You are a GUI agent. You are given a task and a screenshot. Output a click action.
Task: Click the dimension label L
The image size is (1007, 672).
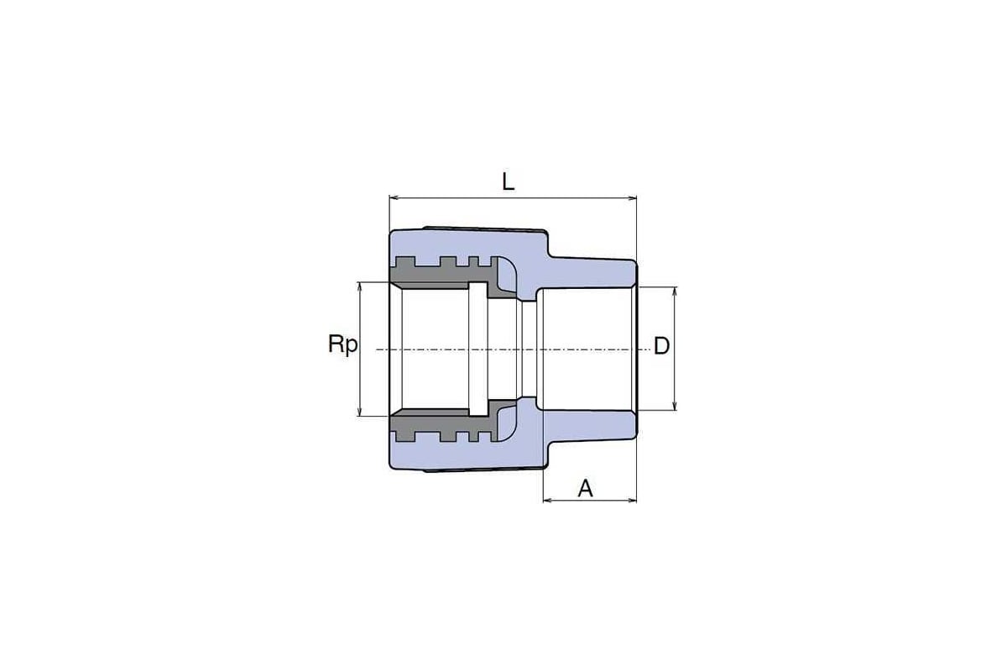click(508, 181)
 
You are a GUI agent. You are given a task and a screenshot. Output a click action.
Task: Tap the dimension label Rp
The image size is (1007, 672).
click(343, 344)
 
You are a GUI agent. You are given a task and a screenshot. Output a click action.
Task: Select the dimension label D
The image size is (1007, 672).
click(661, 346)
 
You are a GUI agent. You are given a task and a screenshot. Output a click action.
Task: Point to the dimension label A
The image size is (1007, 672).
click(585, 488)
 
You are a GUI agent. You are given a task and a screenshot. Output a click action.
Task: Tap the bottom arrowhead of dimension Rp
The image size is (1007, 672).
click(359, 411)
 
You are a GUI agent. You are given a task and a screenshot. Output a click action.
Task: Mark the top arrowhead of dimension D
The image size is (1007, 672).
click(675, 291)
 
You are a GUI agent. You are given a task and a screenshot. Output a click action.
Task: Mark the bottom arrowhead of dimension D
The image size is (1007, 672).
click(675, 405)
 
